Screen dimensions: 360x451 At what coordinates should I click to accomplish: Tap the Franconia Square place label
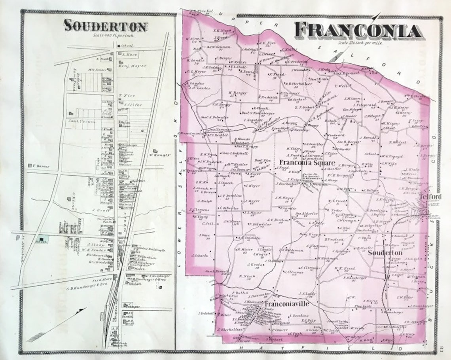[x=307, y=163]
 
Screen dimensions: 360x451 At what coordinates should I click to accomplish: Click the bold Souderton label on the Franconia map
[x=385, y=252]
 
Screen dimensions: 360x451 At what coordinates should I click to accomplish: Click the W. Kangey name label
[x=160, y=155]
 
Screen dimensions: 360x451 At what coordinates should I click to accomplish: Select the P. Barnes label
[x=41, y=166]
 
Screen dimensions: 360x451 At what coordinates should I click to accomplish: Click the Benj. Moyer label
[x=133, y=66]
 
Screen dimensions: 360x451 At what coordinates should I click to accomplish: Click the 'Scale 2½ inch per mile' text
[x=360, y=42]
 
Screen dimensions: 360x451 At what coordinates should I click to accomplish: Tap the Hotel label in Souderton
[x=140, y=268]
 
